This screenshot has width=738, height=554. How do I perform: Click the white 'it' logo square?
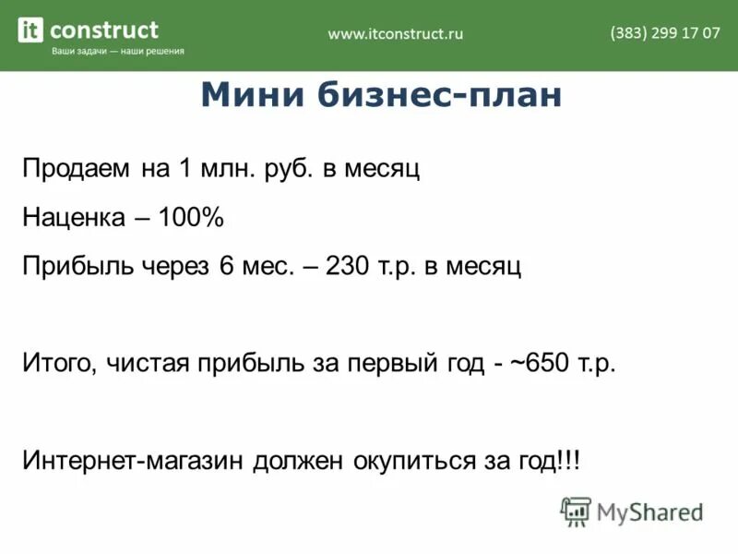tap(30, 30)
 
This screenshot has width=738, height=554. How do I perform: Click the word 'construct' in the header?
tap(103, 30)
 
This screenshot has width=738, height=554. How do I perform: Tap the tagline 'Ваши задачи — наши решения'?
tap(117, 52)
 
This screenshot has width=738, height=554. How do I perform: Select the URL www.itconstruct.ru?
tap(396, 34)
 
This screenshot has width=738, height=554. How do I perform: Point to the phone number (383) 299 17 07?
tap(664, 33)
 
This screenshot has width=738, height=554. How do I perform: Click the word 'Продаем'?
tap(77, 170)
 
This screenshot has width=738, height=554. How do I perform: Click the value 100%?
tap(190, 218)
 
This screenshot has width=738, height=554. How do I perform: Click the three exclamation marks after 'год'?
tap(569, 459)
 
